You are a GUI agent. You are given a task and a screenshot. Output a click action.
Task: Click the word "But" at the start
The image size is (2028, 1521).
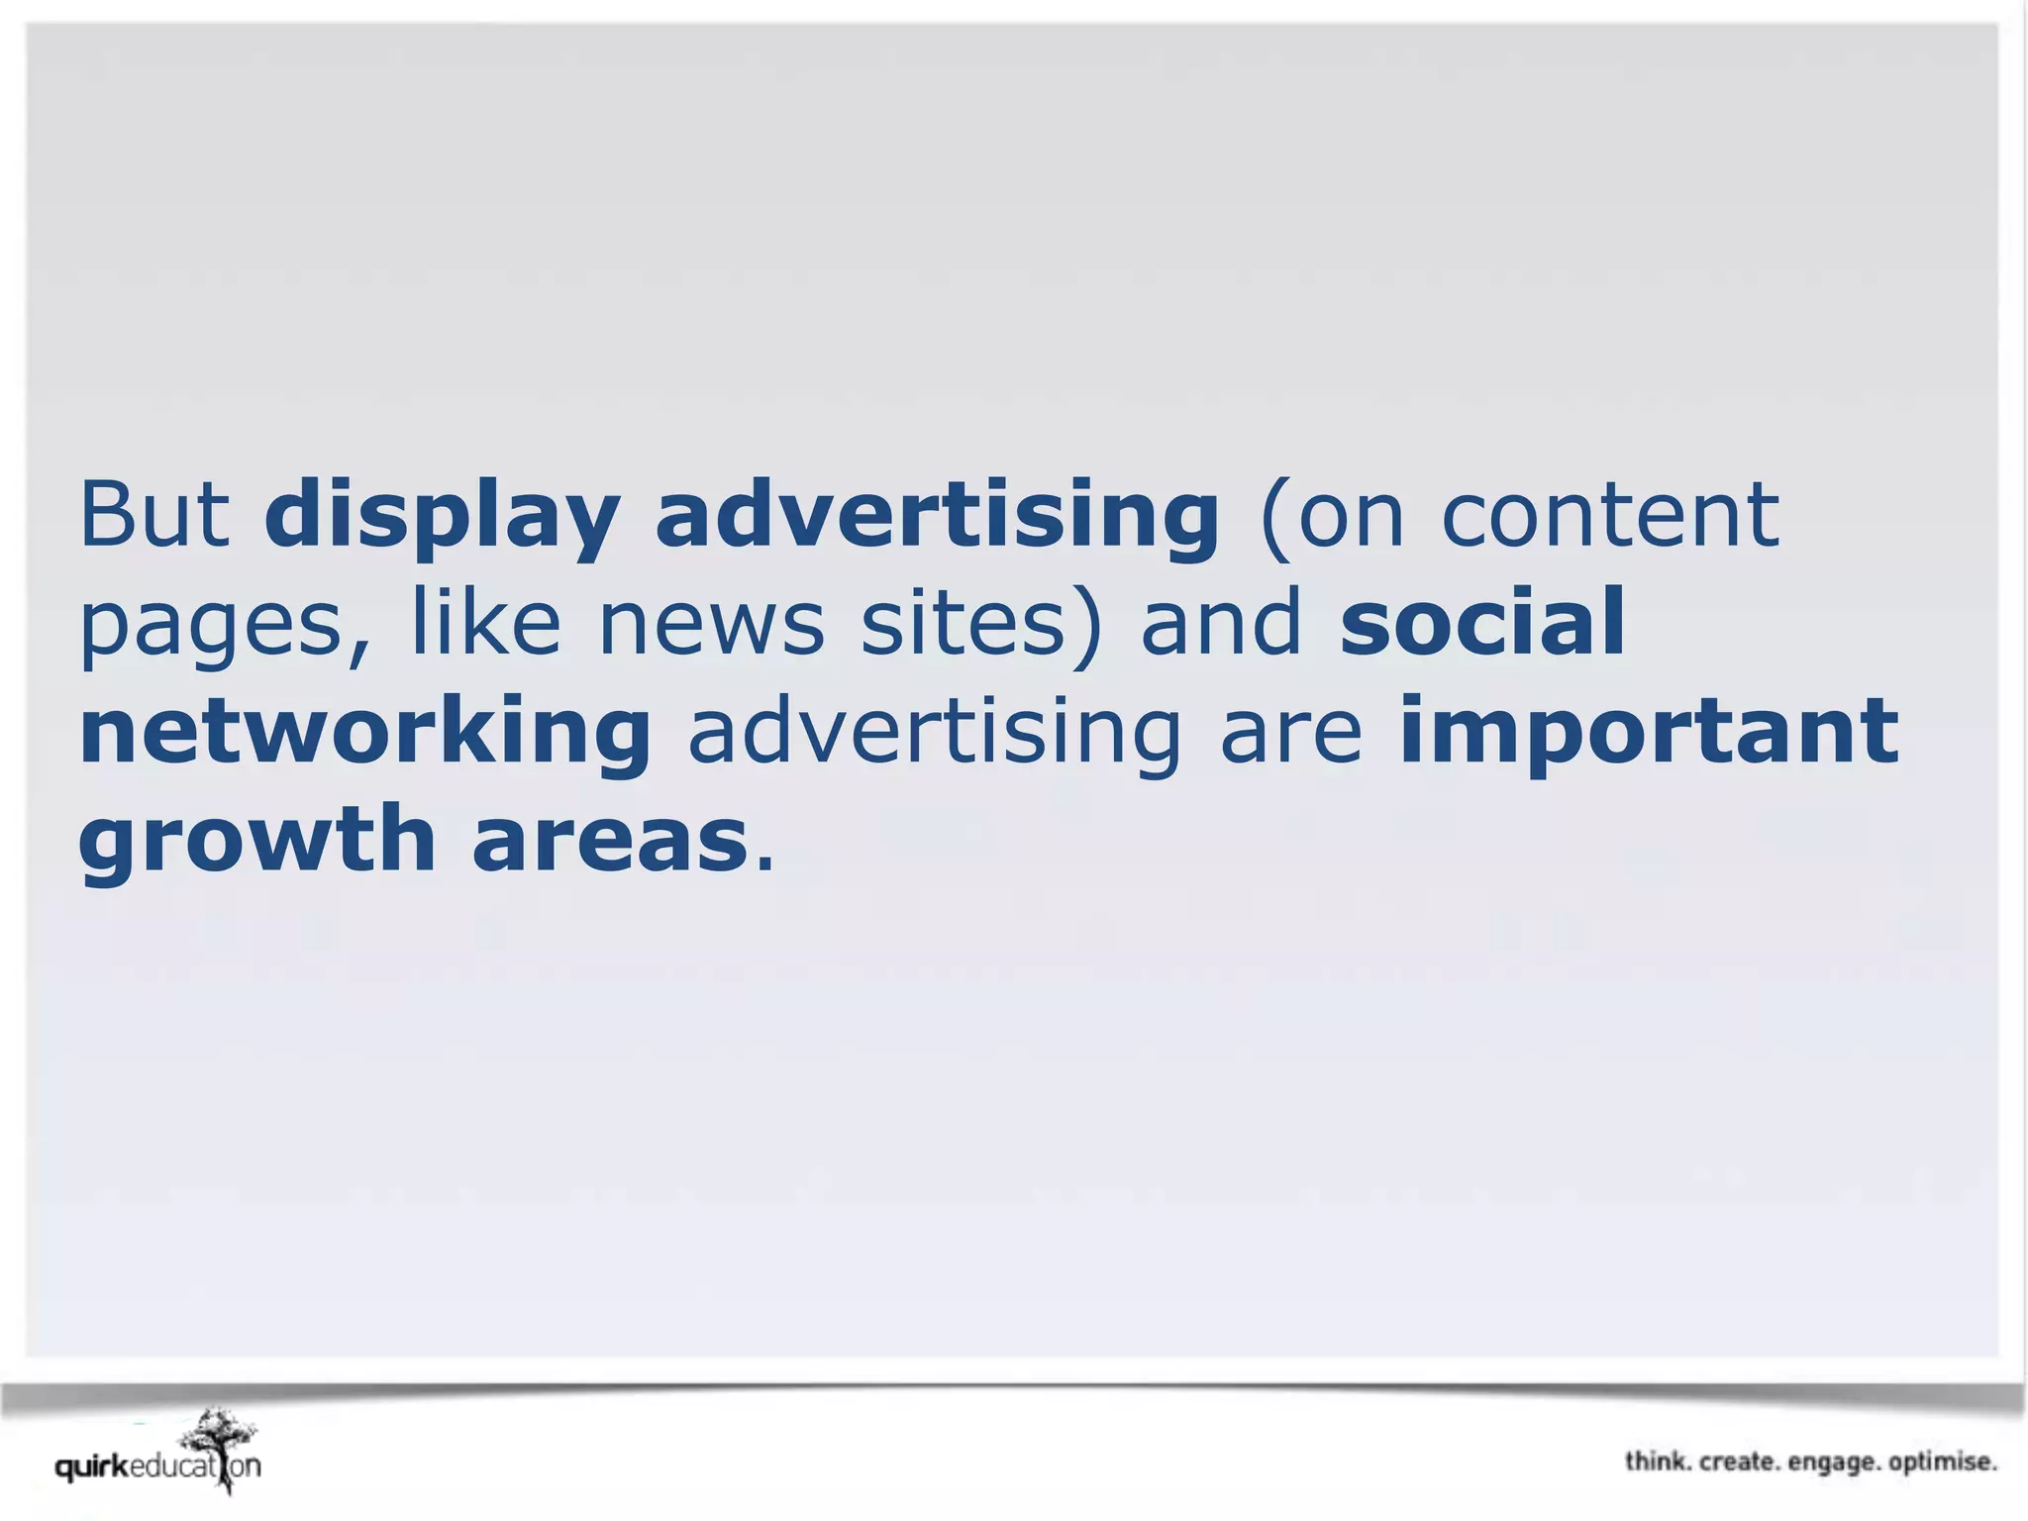click(153, 515)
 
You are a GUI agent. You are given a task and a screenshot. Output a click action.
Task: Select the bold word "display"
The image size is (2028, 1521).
click(441, 517)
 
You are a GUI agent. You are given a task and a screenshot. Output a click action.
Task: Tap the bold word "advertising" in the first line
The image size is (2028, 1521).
click(936, 517)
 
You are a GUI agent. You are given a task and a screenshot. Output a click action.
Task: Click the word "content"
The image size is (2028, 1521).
click(1609, 515)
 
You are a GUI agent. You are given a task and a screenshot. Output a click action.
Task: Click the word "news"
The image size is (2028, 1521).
click(711, 624)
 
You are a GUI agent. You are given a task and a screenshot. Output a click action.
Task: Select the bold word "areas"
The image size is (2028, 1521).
click(609, 842)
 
